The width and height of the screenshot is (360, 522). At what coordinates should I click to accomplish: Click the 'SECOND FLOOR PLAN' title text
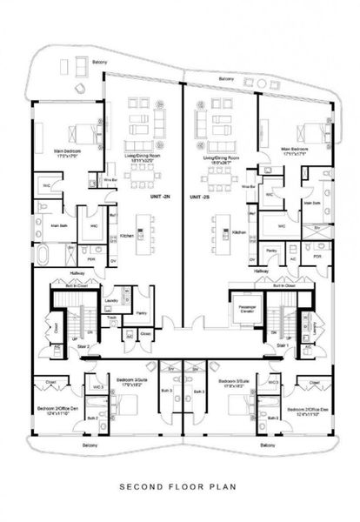tap(179, 487)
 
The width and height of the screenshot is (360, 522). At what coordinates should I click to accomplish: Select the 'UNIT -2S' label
tap(202, 197)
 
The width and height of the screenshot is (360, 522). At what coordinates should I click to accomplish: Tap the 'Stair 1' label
tap(282, 345)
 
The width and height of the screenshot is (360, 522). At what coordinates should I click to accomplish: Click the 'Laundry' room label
tap(111, 302)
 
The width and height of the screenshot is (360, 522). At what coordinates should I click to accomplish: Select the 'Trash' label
tap(110, 318)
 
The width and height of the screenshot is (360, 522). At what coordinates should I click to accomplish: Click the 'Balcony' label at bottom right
tap(268, 445)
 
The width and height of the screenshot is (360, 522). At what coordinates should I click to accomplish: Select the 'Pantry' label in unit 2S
tap(271, 250)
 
